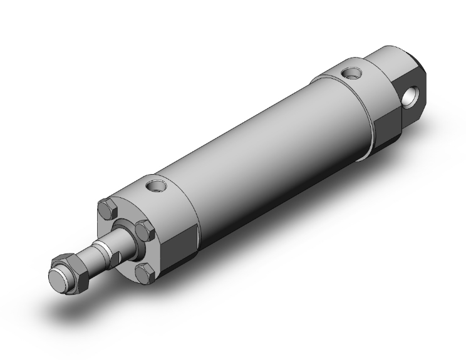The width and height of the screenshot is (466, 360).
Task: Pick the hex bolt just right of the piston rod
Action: [145, 230]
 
